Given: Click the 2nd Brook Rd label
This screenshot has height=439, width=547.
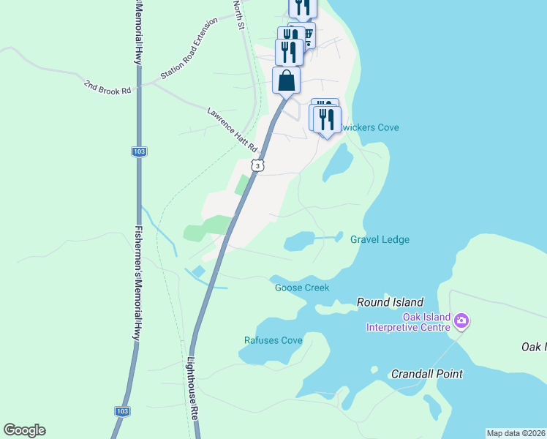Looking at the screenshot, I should click(x=107, y=87).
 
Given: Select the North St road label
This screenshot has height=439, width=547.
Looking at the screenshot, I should click(x=238, y=15).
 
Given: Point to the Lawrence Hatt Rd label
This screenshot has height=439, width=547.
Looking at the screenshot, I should click(x=233, y=130).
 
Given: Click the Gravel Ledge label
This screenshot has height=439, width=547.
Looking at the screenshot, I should click(x=380, y=239).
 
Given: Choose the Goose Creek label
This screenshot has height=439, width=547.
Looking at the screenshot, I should click(x=302, y=288).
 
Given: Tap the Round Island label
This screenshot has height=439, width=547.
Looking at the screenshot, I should click(x=390, y=302).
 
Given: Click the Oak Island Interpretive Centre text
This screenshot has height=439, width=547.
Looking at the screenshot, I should click(x=407, y=323).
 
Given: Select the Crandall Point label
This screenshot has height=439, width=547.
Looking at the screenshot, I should click(x=427, y=374).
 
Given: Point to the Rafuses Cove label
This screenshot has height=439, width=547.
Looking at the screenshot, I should click(x=273, y=340).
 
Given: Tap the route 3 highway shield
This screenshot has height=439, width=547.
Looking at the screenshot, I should click(x=257, y=166).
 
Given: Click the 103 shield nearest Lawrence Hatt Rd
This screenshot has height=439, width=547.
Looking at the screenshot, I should click(x=139, y=151).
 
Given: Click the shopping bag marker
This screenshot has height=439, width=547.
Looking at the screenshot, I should click(x=287, y=80).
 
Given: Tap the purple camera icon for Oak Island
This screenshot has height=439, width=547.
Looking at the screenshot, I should click(x=461, y=320).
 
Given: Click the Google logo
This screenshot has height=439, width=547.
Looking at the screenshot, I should click(x=24, y=430).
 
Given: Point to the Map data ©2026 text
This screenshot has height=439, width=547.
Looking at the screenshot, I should click(x=516, y=433).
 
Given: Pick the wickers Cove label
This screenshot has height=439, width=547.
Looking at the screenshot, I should click(x=371, y=127).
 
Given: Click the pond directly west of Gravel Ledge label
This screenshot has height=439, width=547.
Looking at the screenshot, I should click(x=300, y=241).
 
